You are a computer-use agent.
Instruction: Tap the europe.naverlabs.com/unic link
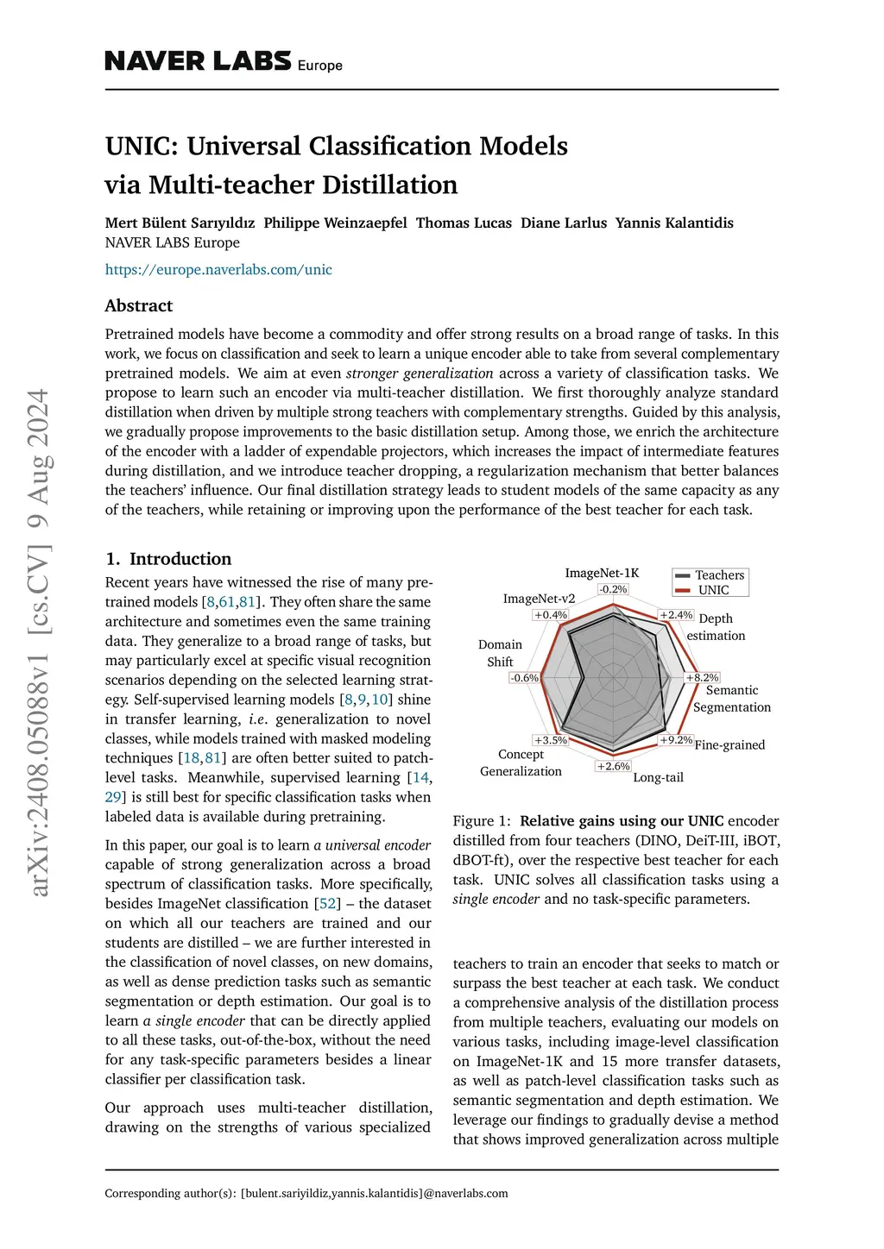tap(218, 269)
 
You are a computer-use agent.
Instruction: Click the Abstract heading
tap(138, 305)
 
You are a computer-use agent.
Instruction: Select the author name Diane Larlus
tap(563, 223)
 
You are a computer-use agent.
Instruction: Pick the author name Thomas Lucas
tap(464, 223)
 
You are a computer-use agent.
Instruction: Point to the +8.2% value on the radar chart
tap(703, 678)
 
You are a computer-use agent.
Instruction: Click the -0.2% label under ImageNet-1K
tap(613, 589)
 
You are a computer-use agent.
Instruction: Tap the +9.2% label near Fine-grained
tap(676, 740)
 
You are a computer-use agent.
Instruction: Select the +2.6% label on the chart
tap(613, 766)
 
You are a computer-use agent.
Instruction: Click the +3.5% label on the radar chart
tap(550, 740)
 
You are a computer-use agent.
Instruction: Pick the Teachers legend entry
tap(719, 575)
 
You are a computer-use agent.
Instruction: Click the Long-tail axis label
tap(658, 777)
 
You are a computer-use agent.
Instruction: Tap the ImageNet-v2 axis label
tap(539, 599)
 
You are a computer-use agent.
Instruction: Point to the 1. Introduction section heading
tap(168, 558)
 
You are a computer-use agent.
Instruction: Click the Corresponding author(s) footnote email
tap(374, 1194)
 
